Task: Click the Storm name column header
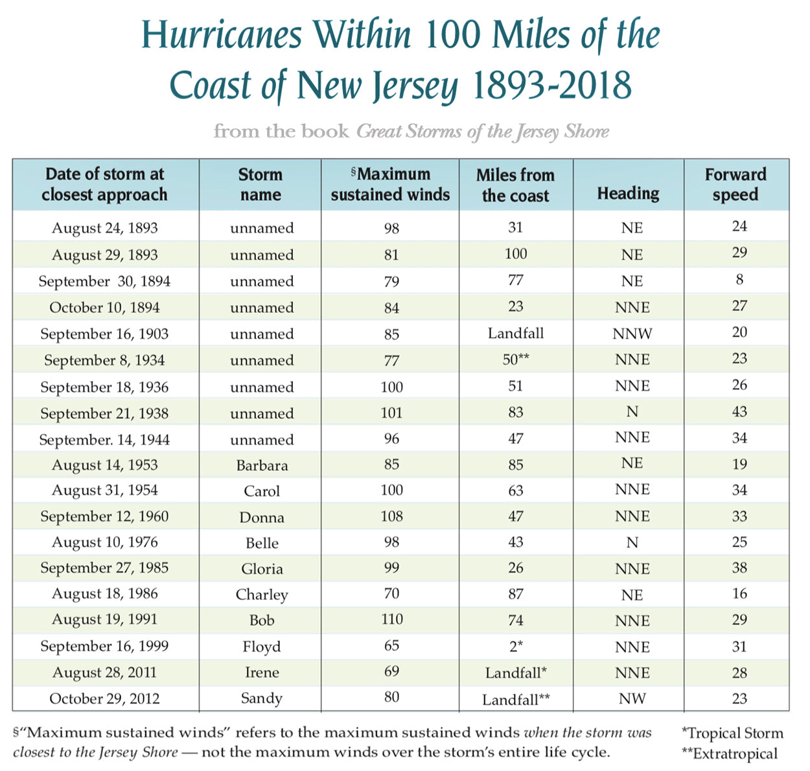point(260,185)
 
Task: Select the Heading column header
point(628,193)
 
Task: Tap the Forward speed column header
point(735,185)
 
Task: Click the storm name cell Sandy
point(262,698)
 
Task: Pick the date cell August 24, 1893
point(105,228)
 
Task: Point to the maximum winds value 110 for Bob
point(392,619)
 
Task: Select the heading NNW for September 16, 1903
point(632,334)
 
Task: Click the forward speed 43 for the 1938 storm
point(739,411)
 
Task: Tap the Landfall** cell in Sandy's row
point(516,699)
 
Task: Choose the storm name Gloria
point(262,569)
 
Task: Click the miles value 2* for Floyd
point(516,646)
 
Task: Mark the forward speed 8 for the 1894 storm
point(739,279)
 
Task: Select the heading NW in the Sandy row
point(632,698)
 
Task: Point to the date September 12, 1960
point(104,516)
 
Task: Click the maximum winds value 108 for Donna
point(392,516)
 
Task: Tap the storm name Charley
point(262,595)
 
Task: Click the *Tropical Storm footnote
point(732,733)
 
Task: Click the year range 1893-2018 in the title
point(551,86)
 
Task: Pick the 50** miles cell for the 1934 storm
point(516,360)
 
